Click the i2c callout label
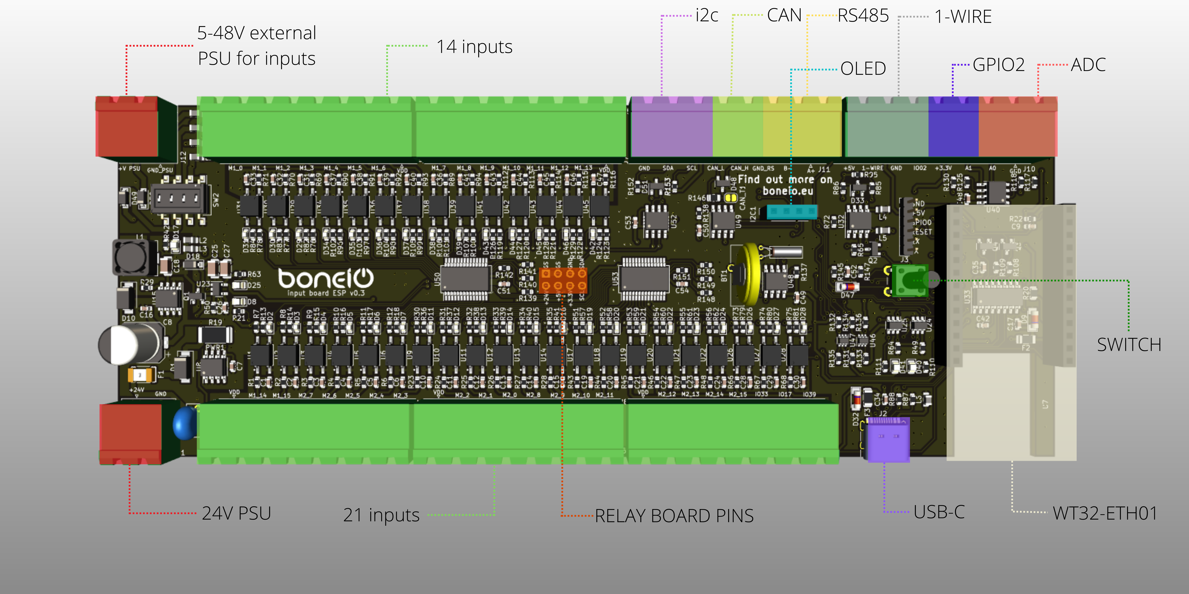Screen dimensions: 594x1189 pyautogui.click(x=707, y=16)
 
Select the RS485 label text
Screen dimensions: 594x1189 pyautogui.click(x=863, y=16)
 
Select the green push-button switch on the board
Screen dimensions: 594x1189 pyautogui.click(x=909, y=280)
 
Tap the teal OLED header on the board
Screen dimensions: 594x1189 pyautogui.click(x=792, y=212)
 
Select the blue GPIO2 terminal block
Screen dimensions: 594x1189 pyautogui.click(x=953, y=127)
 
